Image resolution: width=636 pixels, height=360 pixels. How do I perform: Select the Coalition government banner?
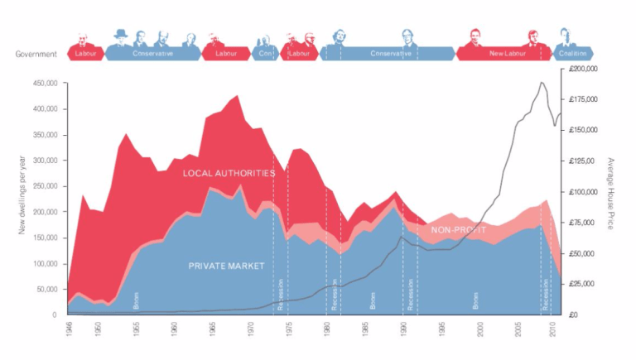coord(572,54)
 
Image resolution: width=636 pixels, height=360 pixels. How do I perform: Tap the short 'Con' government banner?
coord(264,54)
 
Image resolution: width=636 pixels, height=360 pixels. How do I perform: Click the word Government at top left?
coord(36,55)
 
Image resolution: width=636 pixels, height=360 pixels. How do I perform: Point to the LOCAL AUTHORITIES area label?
coord(229,173)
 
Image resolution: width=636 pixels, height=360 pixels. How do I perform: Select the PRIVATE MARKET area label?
coord(226,266)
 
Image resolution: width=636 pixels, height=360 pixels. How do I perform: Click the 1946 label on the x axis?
coord(68,328)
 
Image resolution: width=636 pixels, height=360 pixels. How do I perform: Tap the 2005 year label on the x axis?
coord(518,328)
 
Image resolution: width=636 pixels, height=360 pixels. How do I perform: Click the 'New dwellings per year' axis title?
coord(22,199)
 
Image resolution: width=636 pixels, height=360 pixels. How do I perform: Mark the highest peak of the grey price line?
coord(542,82)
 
